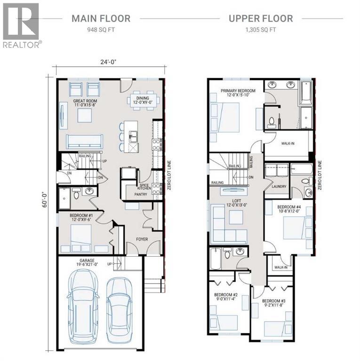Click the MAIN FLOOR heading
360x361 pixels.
tap(101, 19)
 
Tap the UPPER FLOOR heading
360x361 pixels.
tap(260, 19)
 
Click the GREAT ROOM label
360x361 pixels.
tap(85, 102)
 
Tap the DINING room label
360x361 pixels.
tap(143, 93)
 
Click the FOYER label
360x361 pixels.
tap(143, 239)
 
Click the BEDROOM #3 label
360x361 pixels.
tap(274, 301)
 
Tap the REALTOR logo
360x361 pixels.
tap(21, 25)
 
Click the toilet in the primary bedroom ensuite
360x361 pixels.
tap(272, 122)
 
